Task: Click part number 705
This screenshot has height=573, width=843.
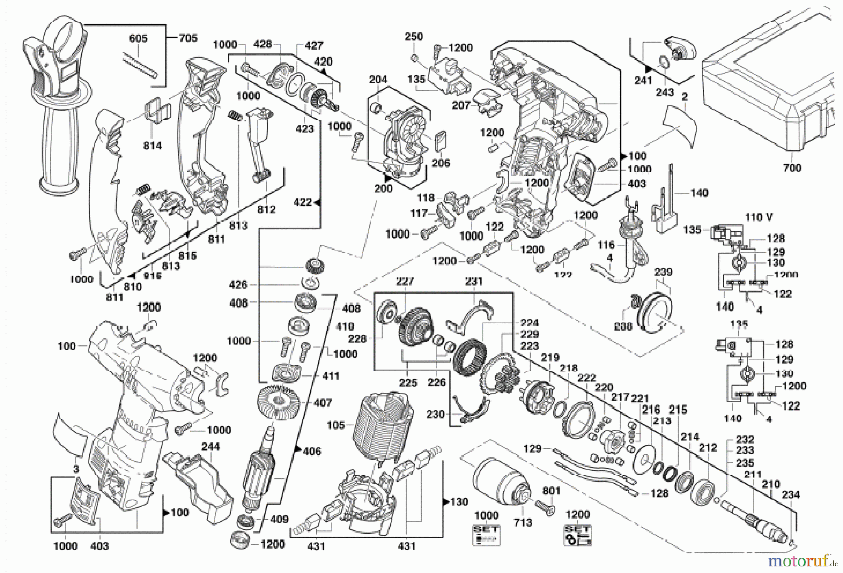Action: (188, 38)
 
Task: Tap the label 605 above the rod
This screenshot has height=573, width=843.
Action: (138, 38)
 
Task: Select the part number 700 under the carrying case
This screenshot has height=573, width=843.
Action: (792, 168)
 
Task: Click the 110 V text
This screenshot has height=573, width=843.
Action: (759, 217)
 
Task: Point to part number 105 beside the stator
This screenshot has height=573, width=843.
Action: (335, 425)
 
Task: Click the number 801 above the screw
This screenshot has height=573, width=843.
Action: (551, 491)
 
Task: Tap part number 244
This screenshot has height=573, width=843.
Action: (210, 447)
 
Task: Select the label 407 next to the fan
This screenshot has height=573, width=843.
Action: (323, 402)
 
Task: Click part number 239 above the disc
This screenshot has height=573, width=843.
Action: (663, 272)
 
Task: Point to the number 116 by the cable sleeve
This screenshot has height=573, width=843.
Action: (606, 245)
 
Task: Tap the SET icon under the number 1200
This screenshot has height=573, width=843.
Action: (578, 535)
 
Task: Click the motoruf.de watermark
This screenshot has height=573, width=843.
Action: (802, 560)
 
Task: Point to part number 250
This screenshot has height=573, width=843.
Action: (414, 37)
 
